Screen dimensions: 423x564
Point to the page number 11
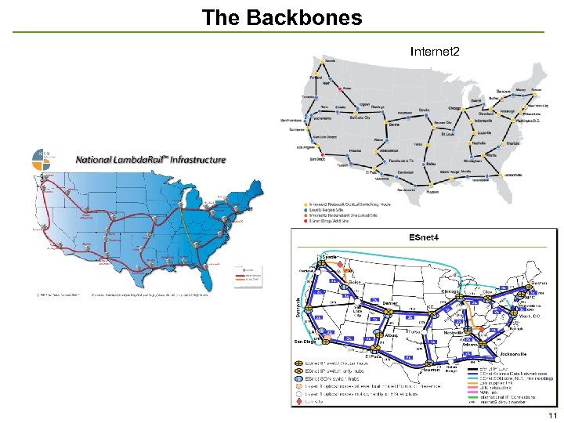tap(552, 415)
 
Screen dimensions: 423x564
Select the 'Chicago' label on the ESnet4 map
tap(450, 291)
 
